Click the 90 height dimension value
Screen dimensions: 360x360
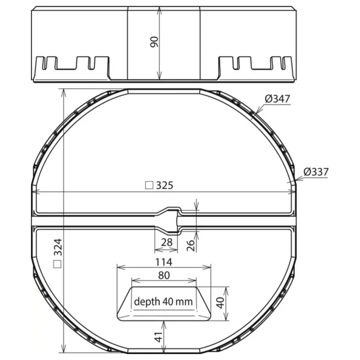[x=154, y=42]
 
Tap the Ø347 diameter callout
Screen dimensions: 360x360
[x=277, y=99]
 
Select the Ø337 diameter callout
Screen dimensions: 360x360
[x=316, y=172]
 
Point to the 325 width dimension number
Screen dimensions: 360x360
[x=164, y=185]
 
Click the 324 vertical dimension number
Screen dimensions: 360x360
[x=58, y=247]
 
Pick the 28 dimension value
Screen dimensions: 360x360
[x=167, y=242]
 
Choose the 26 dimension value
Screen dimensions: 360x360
[x=191, y=245]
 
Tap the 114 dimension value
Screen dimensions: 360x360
[x=164, y=262]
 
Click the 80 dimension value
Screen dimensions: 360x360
[x=164, y=276]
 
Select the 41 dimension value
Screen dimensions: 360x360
[x=158, y=337]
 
